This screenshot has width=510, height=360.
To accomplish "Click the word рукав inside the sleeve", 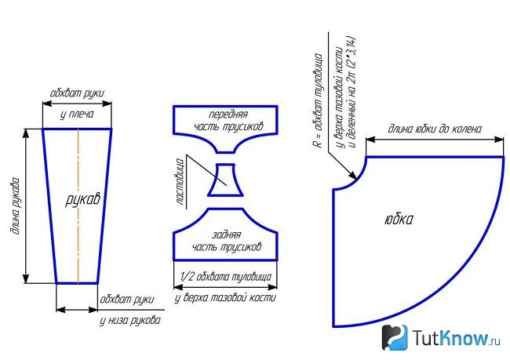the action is pyautogui.click(x=82, y=198).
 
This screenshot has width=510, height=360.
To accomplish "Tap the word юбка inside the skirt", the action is pyautogui.click(x=399, y=220).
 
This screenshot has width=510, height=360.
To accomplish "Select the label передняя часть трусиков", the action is pyautogui.click(x=228, y=120).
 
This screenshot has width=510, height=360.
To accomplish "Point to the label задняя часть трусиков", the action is pyautogui.click(x=227, y=241).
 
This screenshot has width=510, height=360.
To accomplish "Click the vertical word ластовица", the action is pyautogui.click(x=180, y=181).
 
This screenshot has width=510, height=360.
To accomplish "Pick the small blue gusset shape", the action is pyautogui.click(x=225, y=180).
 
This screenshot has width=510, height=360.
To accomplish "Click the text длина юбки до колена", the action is pyautogui.click(x=435, y=129).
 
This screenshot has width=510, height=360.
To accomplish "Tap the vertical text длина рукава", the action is pyautogui.click(x=16, y=206).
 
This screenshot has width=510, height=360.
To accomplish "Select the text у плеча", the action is pyautogui.click(x=77, y=115).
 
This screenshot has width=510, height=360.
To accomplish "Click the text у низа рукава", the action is pyautogui.click(x=130, y=321).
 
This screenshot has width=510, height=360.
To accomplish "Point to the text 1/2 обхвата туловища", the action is pyautogui.click(x=226, y=277).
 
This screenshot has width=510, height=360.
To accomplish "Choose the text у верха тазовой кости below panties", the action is pyautogui.click(x=225, y=297).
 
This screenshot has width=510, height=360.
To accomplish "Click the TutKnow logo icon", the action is pyautogui.click(x=395, y=337).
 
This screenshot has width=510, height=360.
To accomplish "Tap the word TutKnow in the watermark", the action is pyautogui.click(x=451, y=338).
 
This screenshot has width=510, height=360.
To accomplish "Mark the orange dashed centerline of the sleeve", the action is pyautogui.click(x=78, y=205).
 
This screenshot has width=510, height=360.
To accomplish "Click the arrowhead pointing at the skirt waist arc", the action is pyautogui.click(x=354, y=176).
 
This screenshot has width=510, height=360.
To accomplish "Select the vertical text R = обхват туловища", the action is pyautogui.click(x=319, y=100).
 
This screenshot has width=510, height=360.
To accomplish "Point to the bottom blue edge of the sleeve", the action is pyautogui.click(x=77, y=283).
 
